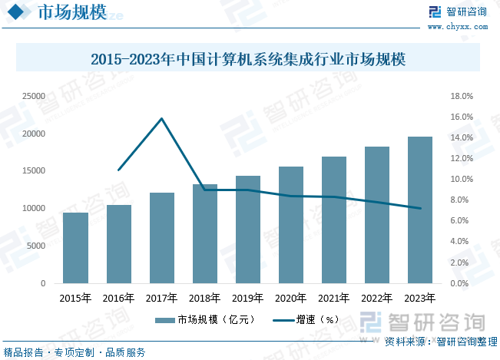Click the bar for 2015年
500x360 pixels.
(75, 248)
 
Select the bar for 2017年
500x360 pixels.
(161, 238)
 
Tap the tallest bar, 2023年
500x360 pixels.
(420, 210)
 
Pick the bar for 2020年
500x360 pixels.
(291, 225)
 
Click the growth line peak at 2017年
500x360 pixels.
(162, 118)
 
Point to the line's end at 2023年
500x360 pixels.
(420, 208)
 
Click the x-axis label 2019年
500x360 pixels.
(247, 298)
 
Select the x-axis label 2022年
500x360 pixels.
(377, 298)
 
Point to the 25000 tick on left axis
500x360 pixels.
(33, 97)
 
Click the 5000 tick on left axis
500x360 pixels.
(35, 246)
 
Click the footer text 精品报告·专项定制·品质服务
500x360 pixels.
(75, 352)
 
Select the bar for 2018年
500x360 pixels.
(204, 233)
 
